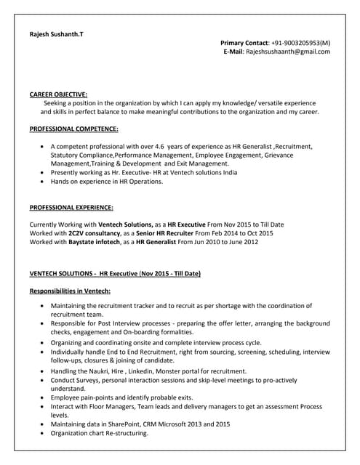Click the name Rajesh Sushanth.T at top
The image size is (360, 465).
[56, 33]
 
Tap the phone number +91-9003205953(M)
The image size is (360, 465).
[292, 43]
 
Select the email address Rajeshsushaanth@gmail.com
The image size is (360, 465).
[287, 52]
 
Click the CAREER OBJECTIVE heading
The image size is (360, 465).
[58, 94]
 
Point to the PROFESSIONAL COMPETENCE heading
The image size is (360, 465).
[73, 129]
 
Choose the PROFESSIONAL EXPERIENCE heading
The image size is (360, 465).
[71, 207]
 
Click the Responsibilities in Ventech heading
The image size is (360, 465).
[70, 291]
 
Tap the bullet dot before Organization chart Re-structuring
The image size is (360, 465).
[44, 433]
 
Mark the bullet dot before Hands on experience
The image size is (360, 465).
[44, 182]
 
